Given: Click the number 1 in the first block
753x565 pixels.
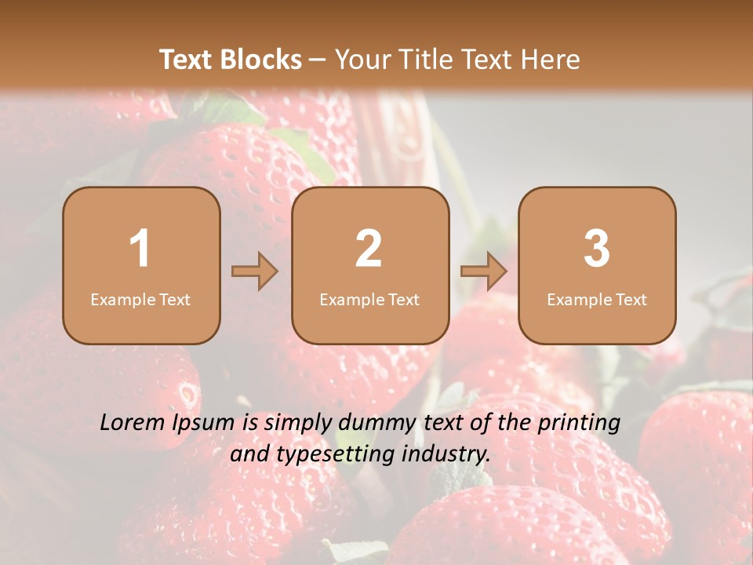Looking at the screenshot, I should click(140, 249).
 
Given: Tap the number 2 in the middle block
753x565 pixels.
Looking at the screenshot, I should click(369, 249).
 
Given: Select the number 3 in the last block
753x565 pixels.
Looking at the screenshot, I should click(597, 249).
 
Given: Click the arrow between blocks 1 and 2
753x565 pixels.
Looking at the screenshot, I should click(255, 272).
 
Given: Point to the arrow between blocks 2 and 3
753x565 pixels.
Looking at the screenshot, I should click(484, 272).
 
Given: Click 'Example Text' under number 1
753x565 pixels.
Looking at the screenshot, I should click(140, 300).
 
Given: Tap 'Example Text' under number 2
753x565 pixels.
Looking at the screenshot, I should click(369, 300).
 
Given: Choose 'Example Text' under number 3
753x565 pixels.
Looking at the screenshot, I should click(597, 300).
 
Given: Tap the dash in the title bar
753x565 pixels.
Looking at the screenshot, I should click(318, 60).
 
